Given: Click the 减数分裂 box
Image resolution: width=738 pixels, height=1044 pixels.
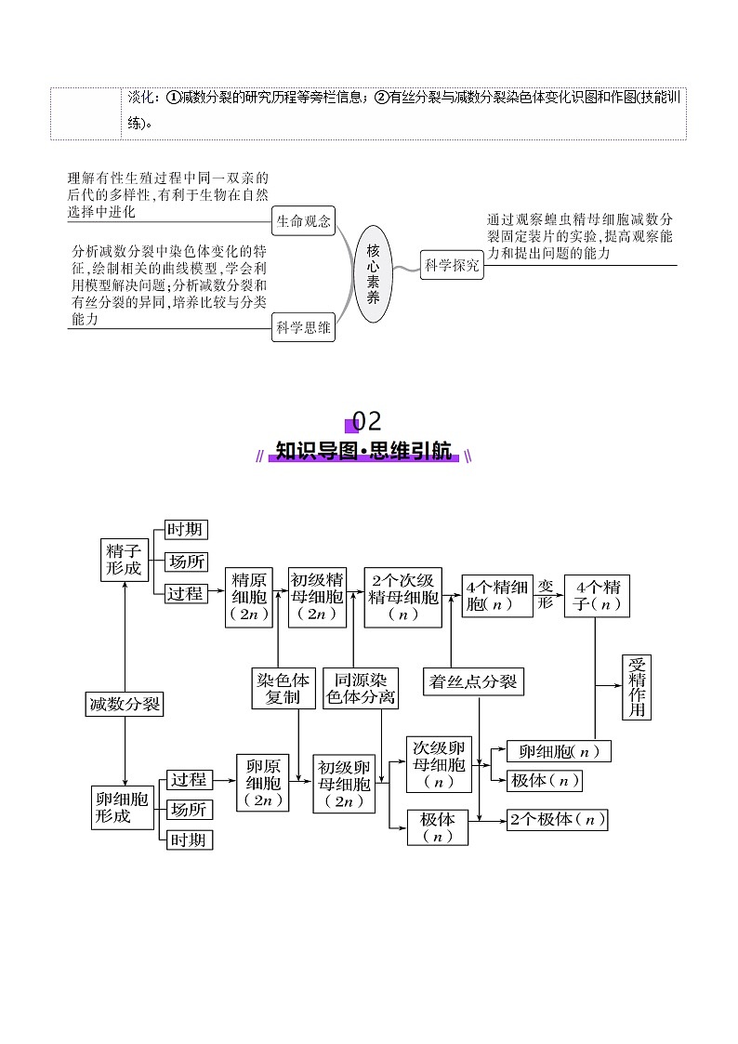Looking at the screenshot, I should pyautogui.click(x=124, y=704).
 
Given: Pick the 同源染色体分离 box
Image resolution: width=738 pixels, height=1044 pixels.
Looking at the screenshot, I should pyautogui.click(x=361, y=688).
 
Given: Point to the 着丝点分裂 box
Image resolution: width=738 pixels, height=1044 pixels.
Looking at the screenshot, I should pyautogui.click(x=472, y=681).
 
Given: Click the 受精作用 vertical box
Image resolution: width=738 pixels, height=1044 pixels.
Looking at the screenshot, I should pyautogui.click(x=637, y=687).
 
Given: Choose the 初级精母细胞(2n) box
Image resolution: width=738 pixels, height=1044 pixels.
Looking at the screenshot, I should pyautogui.click(x=317, y=596).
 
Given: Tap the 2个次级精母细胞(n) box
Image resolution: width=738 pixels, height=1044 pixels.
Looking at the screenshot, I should pyautogui.click(x=403, y=596).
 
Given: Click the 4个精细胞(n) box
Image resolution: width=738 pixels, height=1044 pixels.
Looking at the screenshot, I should pyautogui.click(x=496, y=595).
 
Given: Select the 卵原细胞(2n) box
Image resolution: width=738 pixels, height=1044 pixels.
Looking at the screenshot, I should pyautogui.click(x=263, y=782).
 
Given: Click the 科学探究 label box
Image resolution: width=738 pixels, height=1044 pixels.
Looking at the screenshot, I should pyautogui.click(x=453, y=265).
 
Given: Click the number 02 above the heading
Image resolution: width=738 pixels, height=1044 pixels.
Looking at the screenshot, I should pyautogui.click(x=367, y=421).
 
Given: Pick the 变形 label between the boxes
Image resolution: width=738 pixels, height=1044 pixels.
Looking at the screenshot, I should pyautogui.click(x=546, y=593).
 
